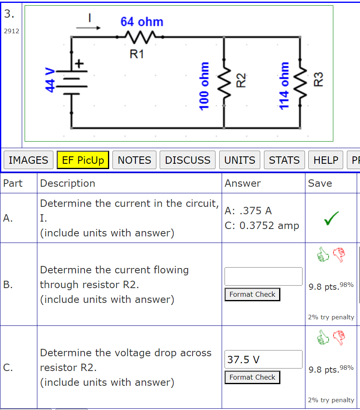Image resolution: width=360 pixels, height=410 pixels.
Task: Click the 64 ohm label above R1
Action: [x=142, y=22]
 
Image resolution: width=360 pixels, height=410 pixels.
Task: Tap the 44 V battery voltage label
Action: [x=50, y=80]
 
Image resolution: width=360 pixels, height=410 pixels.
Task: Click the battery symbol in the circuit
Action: [x=72, y=82]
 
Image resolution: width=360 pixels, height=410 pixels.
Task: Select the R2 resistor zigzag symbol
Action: [x=224, y=82]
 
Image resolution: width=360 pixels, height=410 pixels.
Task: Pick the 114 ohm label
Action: [x=284, y=86]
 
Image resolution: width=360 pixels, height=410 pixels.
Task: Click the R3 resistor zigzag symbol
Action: [x=301, y=82]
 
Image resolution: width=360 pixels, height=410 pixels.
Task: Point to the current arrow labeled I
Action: [x=88, y=27]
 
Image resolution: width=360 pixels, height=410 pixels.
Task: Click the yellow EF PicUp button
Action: [x=83, y=160]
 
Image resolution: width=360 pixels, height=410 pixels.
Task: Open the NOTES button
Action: [x=134, y=160]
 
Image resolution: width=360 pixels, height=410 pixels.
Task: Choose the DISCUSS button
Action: [x=188, y=160]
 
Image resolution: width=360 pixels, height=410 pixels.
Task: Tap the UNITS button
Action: [x=240, y=160]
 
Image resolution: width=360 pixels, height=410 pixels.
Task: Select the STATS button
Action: [x=284, y=160]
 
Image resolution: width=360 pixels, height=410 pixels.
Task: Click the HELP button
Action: [x=326, y=160]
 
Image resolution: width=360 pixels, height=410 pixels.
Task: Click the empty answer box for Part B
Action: [x=263, y=276]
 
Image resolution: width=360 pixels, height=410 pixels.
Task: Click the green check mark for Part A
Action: [x=331, y=218]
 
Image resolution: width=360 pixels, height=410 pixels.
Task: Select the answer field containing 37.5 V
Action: [x=263, y=360]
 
